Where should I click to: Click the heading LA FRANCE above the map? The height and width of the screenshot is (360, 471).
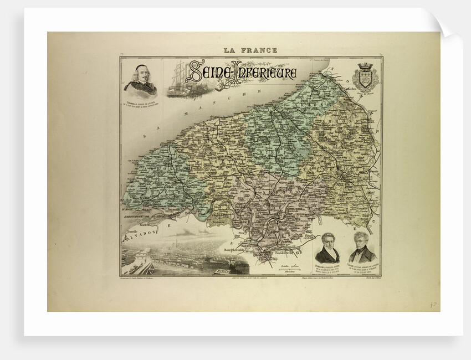(250, 50)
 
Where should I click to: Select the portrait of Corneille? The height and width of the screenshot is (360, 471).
(141, 80)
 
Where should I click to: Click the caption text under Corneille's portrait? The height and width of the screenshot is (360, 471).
(141, 103)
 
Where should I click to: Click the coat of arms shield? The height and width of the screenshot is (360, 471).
(365, 79)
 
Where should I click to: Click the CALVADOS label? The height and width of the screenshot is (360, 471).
(137, 237)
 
